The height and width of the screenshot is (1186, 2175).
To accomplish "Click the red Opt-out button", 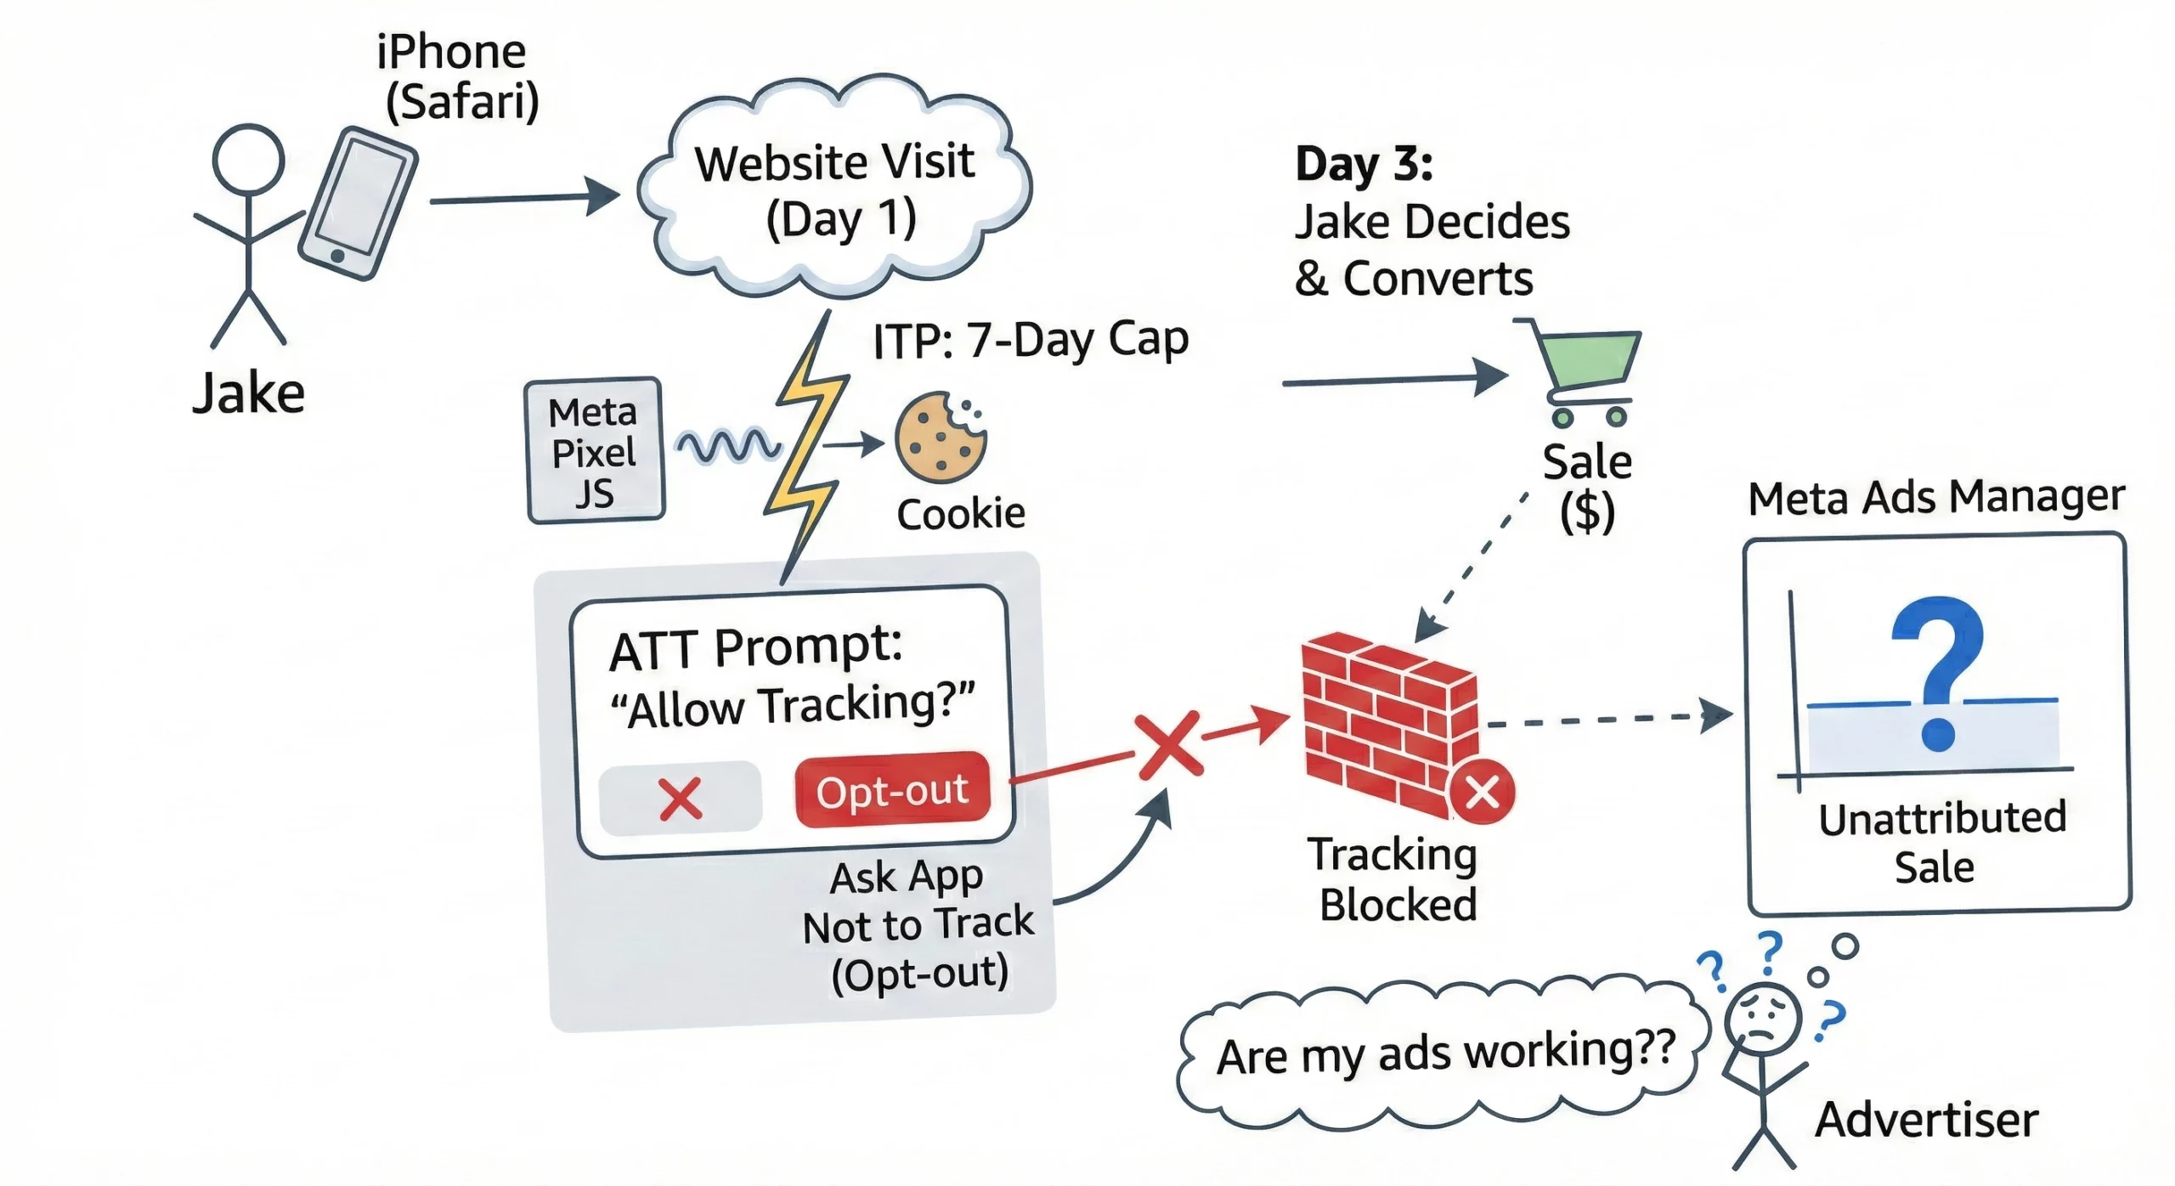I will pyautogui.click(x=892, y=790).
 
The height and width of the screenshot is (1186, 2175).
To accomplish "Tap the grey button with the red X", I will pyautogui.click(x=680, y=799).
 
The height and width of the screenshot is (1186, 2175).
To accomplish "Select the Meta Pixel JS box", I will pyautogui.click(x=595, y=450).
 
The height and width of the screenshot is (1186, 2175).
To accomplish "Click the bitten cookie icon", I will pyautogui.click(x=940, y=438).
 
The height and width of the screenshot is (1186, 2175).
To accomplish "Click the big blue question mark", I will pyautogui.click(x=1937, y=671).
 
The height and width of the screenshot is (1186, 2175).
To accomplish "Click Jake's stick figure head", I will pyautogui.click(x=247, y=160).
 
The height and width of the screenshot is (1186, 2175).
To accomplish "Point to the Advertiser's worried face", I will pyautogui.click(x=1763, y=1019).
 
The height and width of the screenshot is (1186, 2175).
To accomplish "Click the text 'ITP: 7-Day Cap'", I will pyautogui.click(x=1030, y=340).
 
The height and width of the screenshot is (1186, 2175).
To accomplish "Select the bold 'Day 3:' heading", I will pyautogui.click(x=1363, y=163).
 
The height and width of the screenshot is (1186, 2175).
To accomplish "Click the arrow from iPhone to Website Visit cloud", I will pyautogui.click(x=523, y=199).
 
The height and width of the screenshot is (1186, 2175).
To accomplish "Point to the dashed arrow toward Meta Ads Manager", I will pyautogui.click(x=1606, y=719).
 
